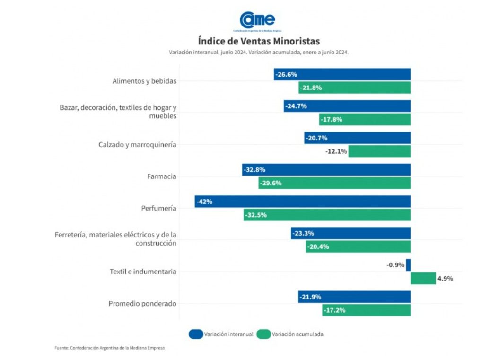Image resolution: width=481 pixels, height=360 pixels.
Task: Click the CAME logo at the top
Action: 257,20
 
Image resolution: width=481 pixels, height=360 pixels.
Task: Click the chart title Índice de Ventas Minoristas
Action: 258,41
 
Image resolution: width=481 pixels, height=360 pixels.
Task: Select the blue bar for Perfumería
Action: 303,202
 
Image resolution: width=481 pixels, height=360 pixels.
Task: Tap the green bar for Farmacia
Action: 334,183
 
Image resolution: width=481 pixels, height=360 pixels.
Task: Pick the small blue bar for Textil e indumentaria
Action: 408,265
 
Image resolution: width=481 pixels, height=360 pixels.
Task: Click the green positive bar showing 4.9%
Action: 423,279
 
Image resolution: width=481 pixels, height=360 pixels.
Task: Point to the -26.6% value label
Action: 286,74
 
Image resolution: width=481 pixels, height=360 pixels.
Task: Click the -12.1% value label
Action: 336,151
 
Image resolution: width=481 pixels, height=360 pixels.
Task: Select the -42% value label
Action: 205,202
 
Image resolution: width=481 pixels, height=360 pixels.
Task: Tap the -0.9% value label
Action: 395,265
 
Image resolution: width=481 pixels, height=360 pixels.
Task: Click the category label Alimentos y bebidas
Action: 144,81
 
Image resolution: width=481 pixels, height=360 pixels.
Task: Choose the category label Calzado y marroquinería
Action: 137,144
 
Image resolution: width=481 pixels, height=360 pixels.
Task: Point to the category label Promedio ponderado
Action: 142,303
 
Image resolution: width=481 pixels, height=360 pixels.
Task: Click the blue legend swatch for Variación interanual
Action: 195,334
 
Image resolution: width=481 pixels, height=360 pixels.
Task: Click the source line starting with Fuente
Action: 110,348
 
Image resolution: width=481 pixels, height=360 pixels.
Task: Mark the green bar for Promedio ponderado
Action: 367,310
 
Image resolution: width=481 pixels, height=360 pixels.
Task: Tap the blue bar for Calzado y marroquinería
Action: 357,138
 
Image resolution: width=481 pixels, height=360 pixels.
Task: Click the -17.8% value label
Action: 331,120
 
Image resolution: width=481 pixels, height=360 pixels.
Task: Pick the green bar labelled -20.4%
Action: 358,246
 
